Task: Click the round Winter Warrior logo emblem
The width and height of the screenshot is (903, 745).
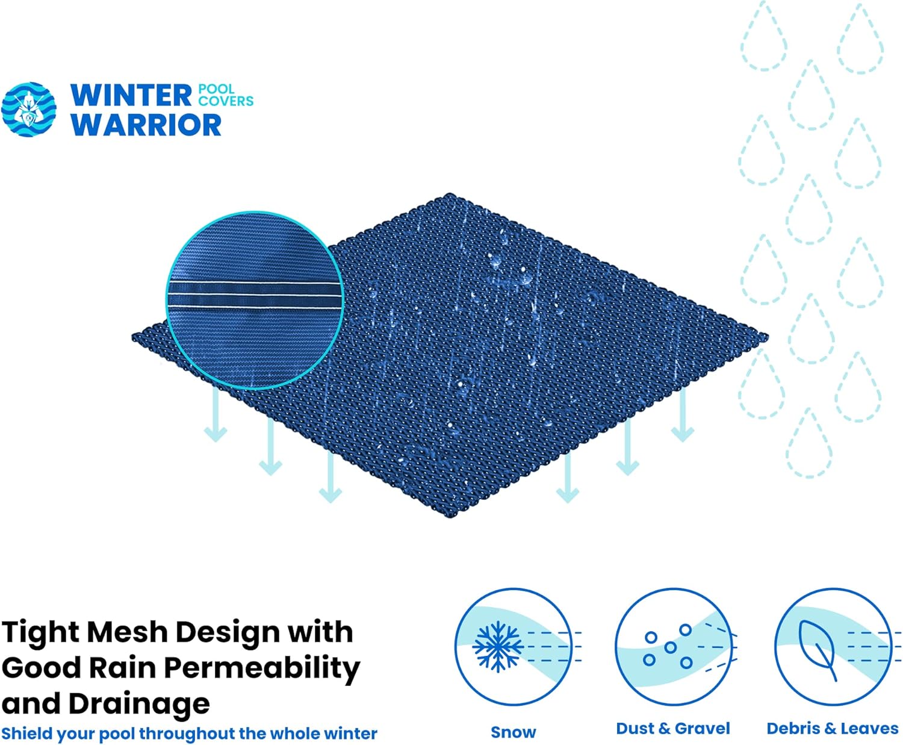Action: (28, 110)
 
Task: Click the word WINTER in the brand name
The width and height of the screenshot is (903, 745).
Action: (131, 95)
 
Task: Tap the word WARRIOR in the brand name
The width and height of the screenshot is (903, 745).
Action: (146, 125)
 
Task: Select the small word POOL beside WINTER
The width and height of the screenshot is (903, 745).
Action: (216, 89)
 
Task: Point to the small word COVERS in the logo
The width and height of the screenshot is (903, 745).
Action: (226, 101)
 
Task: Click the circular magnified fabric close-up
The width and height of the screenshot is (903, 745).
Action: (255, 300)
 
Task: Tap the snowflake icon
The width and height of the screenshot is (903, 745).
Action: (497, 647)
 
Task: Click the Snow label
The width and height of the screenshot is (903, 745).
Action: (514, 732)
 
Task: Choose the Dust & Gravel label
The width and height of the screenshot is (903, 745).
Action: (673, 729)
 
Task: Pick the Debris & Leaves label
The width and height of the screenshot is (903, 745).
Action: (833, 729)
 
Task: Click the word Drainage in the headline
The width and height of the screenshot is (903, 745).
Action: (139, 705)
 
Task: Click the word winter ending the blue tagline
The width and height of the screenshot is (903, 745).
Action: (351, 734)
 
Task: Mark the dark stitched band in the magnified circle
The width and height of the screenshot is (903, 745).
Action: (254, 296)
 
